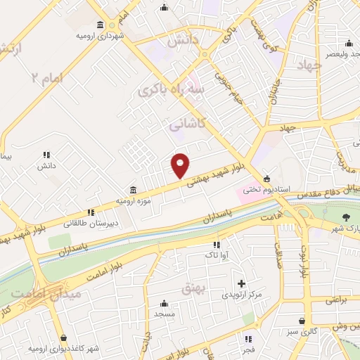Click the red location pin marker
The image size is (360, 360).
tap(181, 165)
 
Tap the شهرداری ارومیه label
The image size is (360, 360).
tap(101, 35)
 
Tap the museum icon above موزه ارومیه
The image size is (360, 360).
tap(134, 190)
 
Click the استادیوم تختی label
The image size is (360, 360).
tap(261, 188)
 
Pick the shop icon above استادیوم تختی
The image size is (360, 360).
tap(266, 178)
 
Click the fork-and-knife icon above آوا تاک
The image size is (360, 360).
tap(217, 245)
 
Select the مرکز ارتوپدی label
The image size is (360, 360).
tap(241, 295)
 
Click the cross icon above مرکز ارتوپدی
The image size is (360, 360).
tap(241, 283)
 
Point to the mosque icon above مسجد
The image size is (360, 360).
tap(165, 303)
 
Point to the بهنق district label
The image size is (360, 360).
tap(193, 288)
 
